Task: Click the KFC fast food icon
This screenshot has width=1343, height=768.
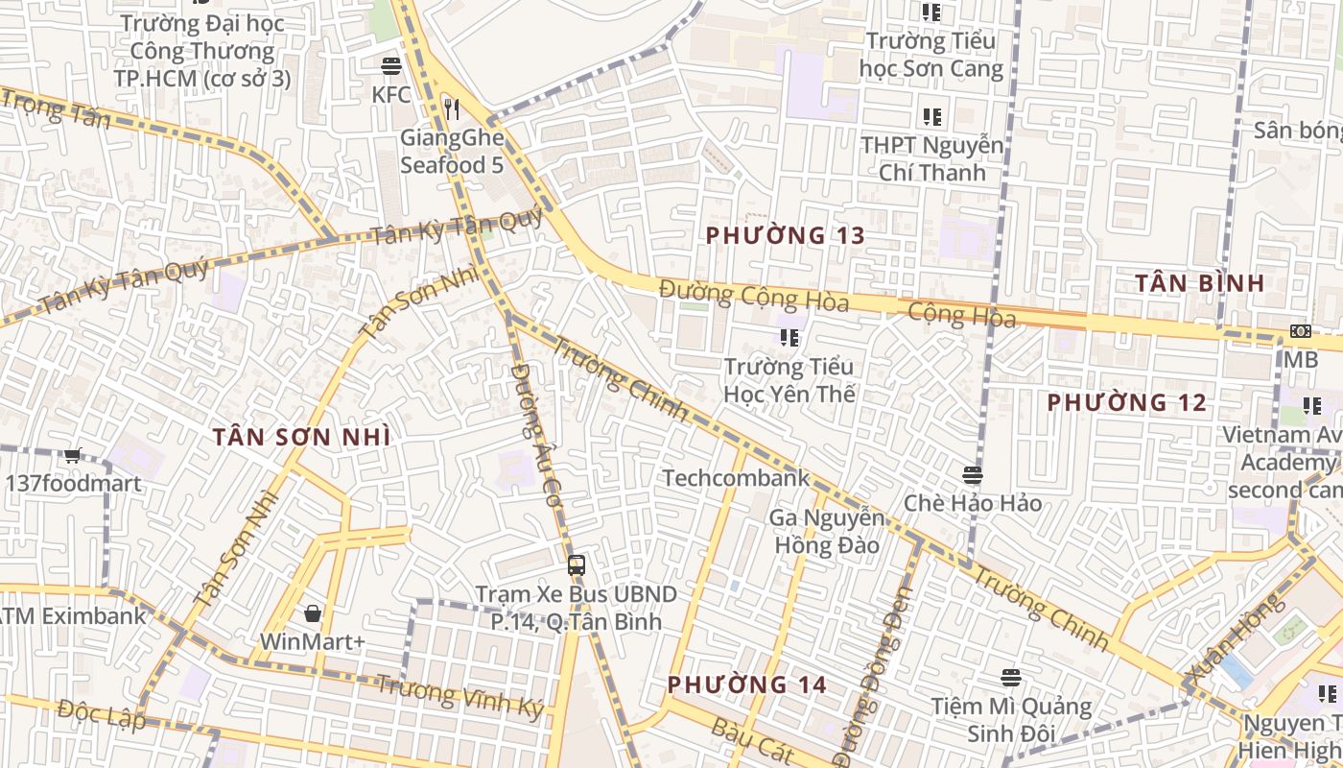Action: pyautogui.click(x=390, y=66)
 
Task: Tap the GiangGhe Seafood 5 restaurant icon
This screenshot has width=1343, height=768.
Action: pyautogui.click(x=452, y=109)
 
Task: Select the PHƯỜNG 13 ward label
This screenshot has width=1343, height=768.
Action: pyautogui.click(x=786, y=235)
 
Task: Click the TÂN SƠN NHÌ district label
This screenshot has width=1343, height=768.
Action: pyautogui.click(x=301, y=437)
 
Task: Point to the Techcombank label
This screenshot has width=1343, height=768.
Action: pyautogui.click(x=736, y=478)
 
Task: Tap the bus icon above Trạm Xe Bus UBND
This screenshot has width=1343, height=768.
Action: pyautogui.click(x=576, y=565)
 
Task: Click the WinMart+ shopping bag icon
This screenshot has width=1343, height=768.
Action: pyautogui.click(x=312, y=612)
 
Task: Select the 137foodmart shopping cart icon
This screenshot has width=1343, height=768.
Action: pyautogui.click(x=73, y=455)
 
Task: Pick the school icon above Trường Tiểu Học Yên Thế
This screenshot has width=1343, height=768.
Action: pyautogui.click(x=789, y=337)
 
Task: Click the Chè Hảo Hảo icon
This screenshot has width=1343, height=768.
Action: pyautogui.click(x=973, y=474)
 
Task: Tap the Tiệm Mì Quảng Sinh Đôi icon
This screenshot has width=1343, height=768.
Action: pyautogui.click(x=1010, y=678)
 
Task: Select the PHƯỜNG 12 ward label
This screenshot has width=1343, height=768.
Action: pyautogui.click(x=1126, y=402)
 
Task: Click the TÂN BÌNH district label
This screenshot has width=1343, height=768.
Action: pyautogui.click(x=1199, y=283)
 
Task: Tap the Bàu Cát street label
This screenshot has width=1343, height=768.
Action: pyautogui.click(x=752, y=739)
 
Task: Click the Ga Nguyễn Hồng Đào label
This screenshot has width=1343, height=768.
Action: pyautogui.click(x=826, y=532)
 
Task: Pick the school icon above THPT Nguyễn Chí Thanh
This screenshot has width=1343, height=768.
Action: pyautogui.click(x=931, y=117)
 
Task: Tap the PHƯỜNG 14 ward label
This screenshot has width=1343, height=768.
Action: pyautogui.click(x=746, y=684)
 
